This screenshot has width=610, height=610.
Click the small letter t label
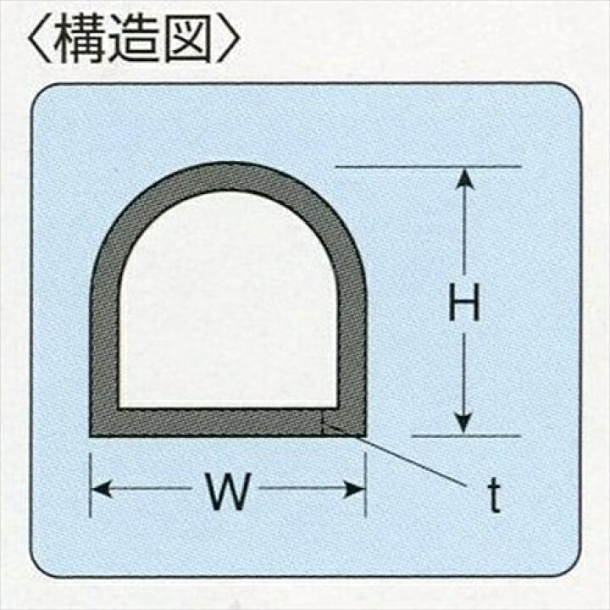[x=494, y=499]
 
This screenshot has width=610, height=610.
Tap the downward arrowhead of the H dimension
[x=463, y=424]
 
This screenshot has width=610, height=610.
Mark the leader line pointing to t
[x=407, y=457]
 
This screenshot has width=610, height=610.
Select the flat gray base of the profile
[x=212, y=421]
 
